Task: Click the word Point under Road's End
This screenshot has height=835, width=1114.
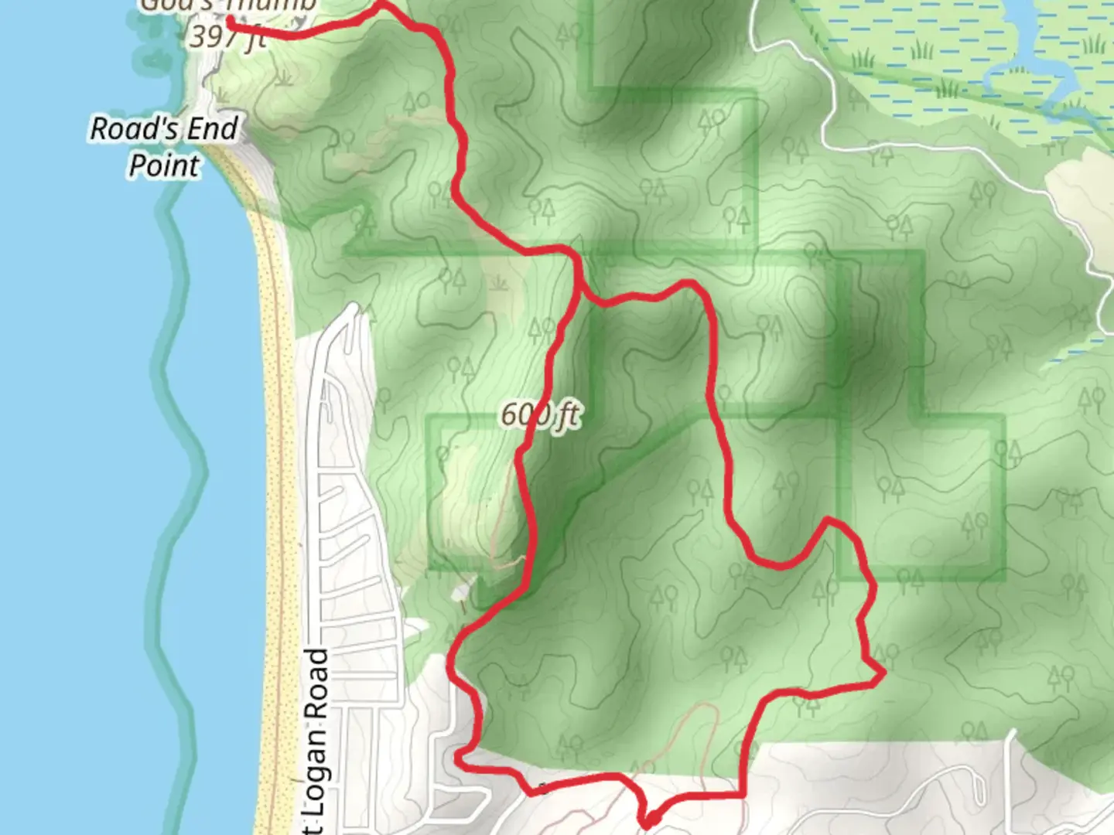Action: click(x=164, y=165)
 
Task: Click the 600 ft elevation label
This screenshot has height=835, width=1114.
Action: click(x=540, y=415)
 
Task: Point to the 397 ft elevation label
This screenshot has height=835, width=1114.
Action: click(x=228, y=36)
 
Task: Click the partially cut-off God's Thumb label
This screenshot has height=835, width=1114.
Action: click(x=228, y=6)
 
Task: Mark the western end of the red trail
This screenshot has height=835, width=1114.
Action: click(x=231, y=21)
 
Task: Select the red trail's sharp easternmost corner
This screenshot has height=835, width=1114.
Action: click(x=883, y=675)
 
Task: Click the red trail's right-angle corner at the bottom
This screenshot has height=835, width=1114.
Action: click(x=743, y=793)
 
